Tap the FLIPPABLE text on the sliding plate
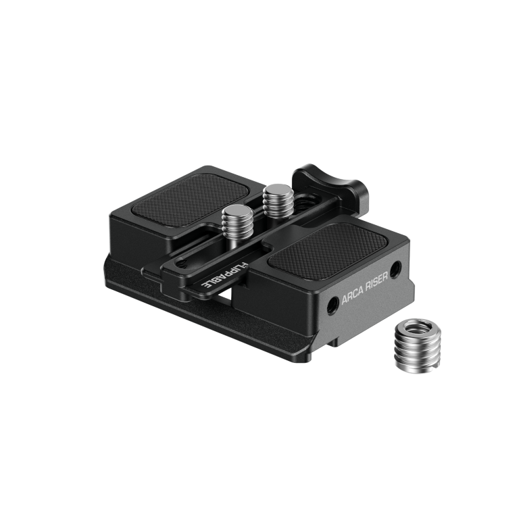pyautogui.click(x=220, y=276)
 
